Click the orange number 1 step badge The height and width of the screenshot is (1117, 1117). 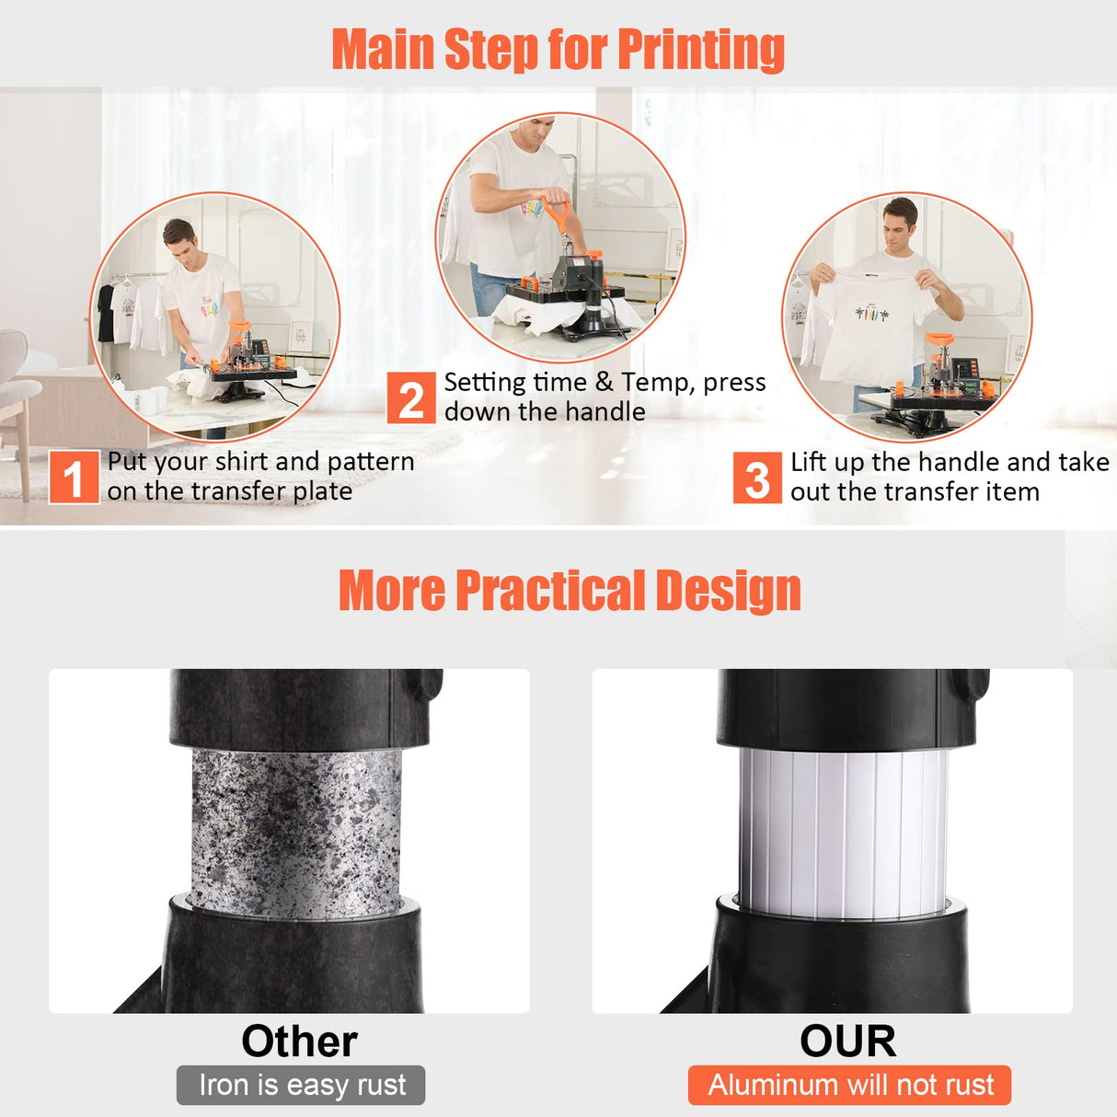click(x=74, y=477)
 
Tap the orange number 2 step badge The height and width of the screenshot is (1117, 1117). click(x=410, y=398)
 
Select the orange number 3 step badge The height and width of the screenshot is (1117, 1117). click(x=756, y=478)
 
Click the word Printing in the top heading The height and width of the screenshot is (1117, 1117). click(x=700, y=49)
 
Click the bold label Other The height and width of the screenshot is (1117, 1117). click(x=299, y=1042)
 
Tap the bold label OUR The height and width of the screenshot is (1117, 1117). click(x=847, y=1042)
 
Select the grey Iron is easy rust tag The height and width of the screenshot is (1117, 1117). click(x=301, y=1086)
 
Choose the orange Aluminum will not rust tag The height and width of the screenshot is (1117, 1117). click(x=849, y=1086)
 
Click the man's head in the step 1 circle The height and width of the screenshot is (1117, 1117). click(x=179, y=237)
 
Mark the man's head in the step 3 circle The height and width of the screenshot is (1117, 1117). click(x=900, y=219)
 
